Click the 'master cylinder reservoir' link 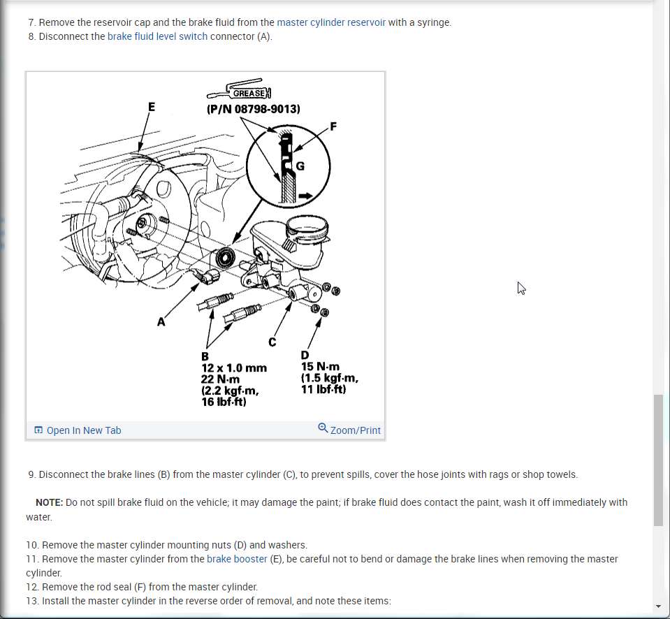click(x=331, y=22)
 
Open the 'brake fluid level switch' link click(x=157, y=36)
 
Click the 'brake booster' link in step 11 click(x=237, y=559)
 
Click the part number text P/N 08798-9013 click(x=254, y=109)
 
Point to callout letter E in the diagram click(x=151, y=107)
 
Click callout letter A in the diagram click(x=161, y=321)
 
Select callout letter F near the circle click(x=333, y=126)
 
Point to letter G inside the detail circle click(x=300, y=166)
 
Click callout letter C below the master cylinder click(x=272, y=342)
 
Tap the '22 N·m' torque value click(x=221, y=379)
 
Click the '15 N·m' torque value click(x=320, y=367)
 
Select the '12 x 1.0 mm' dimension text click(x=234, y=367)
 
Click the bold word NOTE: click(x=49, y=502)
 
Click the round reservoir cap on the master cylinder click(x=307, y=227)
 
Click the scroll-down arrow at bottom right click(x=658, y=606)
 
